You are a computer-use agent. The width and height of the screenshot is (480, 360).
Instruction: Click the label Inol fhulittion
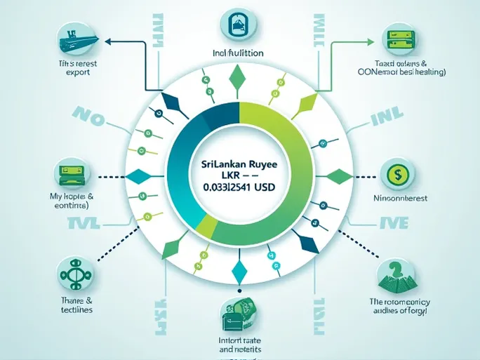(x=238, y=52)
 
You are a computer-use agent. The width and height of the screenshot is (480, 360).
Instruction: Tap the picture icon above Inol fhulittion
(x=239, y=22)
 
